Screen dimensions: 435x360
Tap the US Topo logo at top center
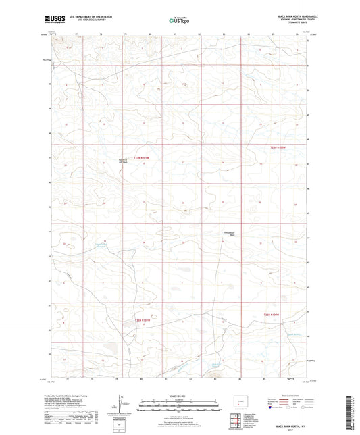(x=179, y=21)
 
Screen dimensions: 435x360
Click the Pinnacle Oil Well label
(x=122, y=161)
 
